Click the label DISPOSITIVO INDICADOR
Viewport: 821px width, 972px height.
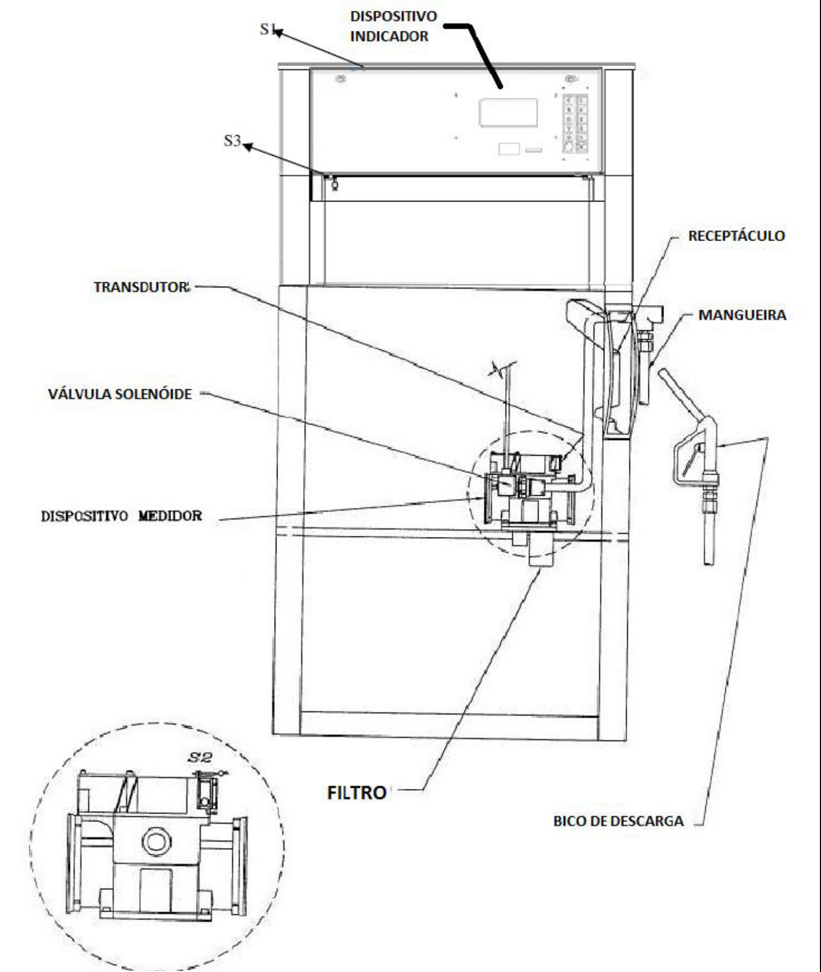coord(393,26)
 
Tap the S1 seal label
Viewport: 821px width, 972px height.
coord(268,29)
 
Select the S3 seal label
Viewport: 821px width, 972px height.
coord(232,141)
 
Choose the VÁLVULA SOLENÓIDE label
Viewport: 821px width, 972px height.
coord(120,394)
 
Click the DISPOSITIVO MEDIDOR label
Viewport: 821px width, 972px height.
coord(122,515)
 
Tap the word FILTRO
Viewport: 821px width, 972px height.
coord(356,793)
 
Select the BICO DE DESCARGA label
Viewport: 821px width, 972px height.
coord(618,821)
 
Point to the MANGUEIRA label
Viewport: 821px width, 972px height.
coord(742,315)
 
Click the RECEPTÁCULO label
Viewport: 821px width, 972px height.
coord(736,236)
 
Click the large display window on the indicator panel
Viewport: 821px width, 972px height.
coord(508,113)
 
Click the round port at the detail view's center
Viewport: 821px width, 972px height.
coord(157,842)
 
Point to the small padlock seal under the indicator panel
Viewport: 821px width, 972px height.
coord(334,184)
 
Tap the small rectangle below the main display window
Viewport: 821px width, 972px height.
coord(509,148)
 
